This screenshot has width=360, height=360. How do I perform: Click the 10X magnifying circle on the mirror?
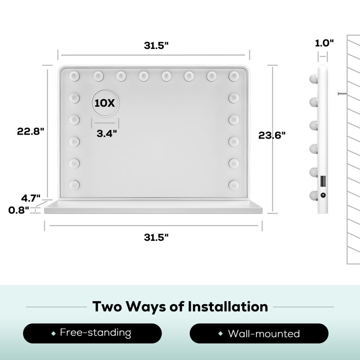pos(105,103)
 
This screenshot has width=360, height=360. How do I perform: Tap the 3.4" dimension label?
pos(107,133)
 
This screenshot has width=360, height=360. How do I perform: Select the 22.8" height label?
pos(30,131)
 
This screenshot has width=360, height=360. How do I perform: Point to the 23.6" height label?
pos(272,135)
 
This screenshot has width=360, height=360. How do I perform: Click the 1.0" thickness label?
pos(324,43)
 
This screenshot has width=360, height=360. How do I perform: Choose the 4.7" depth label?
pos(31,198)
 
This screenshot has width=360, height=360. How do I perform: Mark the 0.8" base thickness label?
pos(18,210)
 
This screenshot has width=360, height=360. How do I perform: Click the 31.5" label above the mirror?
pos(156,45)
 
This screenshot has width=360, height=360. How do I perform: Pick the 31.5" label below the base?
pos(156,237)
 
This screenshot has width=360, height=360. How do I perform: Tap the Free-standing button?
pos(92,333)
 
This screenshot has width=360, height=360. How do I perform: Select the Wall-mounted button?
pos(259,333)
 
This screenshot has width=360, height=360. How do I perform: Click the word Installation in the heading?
pos(228,306)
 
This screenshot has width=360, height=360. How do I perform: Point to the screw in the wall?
pos(342,94)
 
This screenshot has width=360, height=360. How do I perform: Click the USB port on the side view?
pos(323,181)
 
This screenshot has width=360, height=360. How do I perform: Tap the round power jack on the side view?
pos(323,195)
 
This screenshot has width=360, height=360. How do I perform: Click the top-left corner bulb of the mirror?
pos(74,76)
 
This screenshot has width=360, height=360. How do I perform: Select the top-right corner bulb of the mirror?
pos(234,76)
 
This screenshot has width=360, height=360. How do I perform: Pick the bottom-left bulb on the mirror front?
pos(74,185)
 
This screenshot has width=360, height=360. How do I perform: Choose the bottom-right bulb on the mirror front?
pos(234,185)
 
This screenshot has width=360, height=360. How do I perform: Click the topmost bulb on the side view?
pos(314,78)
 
